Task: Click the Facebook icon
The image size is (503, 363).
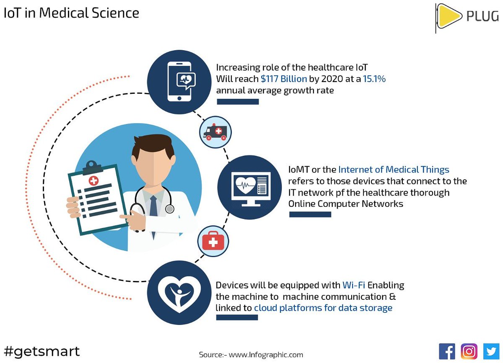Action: tap(447, 351)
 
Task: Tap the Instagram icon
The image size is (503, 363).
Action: tap(469, 351)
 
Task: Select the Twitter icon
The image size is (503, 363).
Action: tap(491, 351)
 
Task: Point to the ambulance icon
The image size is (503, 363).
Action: tap(215, 132)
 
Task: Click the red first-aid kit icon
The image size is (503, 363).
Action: tap(213, 241)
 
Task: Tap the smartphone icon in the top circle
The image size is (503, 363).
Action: tap(179, 82)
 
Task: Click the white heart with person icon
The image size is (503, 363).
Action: tap(179, 295)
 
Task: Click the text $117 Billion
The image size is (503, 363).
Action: tap(284, 79)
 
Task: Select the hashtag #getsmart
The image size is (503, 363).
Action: tap(41, 350)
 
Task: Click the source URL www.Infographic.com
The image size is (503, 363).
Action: tap(265, 355)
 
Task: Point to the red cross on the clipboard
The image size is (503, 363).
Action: tap(93, 180)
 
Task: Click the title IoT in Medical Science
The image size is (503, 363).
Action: tap(71, 13)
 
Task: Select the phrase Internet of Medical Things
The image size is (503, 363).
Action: tap(394, 170)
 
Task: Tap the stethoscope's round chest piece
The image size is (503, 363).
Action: tap(169, 208)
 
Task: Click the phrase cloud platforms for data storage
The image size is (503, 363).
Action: tap(323, 308)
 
